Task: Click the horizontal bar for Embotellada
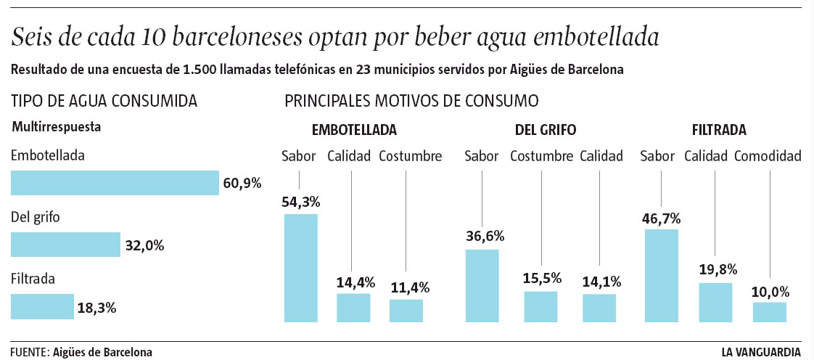coord(115,183)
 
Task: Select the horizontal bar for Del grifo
coord(65,245)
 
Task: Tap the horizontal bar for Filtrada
coord(42,306)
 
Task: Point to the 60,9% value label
coord(242,183)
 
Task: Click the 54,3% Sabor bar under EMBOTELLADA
coord(300,268)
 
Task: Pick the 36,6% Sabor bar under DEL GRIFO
coord(482,285)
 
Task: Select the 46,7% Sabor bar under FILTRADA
coord(661,275)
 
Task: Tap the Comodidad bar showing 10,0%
coord(769,312)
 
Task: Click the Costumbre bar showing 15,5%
coord(540,306)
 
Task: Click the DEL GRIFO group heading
coord(546,131)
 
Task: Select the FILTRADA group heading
coord(719,131)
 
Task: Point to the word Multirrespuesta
coord(56,126)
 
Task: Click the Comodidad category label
coord(768,156)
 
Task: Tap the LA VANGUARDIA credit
coord(761,352)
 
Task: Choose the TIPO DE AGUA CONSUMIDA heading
coord(104,100)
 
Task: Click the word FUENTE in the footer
coord(29,352)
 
